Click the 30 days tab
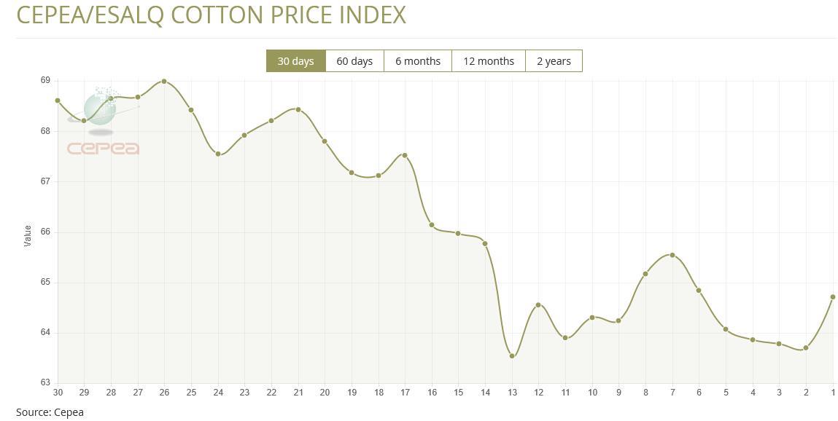(x=295, y=61)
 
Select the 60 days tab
(x=354, y=61)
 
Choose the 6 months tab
(x=418, y=61)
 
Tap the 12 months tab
(x=489, y=61)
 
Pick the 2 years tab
(x=554, y=61)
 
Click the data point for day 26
(x=164, y=81)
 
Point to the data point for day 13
(x=512, y=356)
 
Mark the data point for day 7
(x=672, y=255)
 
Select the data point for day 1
(x=833, y=297)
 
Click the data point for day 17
(x=405, y=155)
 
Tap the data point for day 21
(x=298, y=110)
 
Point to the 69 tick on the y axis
(x=45, y=80)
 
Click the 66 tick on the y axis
(x=45, y=232)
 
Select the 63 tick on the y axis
(x=45, y=382)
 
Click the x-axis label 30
(x=58, y=393)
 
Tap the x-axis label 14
(x=485, y=393)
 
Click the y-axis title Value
(x=28, y=235)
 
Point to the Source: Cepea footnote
(x=50, y=412)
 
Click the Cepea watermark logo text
(x=103, y=149)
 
